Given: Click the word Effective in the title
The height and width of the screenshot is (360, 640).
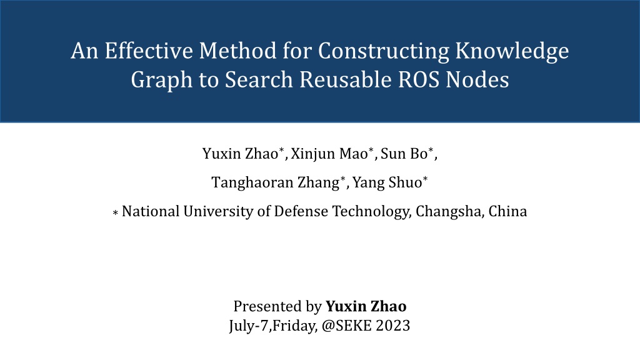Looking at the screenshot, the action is pyautogui.click(x=149, y=51).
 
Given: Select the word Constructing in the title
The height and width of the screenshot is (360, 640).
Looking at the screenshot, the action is pyautogui.click(x=383, y=52).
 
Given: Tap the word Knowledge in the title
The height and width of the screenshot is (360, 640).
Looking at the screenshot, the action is pyautogui.click(x=512, y=52).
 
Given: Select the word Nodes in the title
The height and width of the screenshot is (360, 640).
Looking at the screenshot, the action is pyautogui.click(x=477, y=79).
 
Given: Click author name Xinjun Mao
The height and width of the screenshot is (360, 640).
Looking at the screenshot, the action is pyautogui.click(x=329, y=154).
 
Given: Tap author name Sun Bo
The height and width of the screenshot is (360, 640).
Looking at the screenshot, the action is pyautogui.click(x=404, y=154).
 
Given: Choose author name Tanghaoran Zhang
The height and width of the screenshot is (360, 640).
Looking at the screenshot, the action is pyautogui.click(x=275, y=182).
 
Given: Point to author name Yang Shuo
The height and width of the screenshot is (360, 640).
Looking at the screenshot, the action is pyautogui.click(x=387, y=182).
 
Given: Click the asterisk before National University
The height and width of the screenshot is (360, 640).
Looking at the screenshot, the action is pyautogui.click(x=116, y=212).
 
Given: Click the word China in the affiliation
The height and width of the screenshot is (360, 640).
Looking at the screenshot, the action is pyautogui.click(x=507, y=211).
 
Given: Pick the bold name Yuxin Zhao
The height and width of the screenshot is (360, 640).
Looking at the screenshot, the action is pyautogui.click(x=366, y=306).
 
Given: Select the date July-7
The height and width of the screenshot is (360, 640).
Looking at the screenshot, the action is pyautogui.click(x=249, y=326).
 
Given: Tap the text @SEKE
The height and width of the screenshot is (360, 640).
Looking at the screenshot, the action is pyautogui.click(x=346, y=326).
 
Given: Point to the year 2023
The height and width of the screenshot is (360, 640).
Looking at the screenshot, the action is pyautogui.click(x=392, y=326).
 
